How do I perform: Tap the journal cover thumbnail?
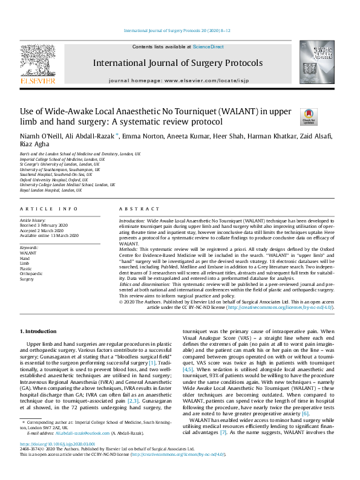coord(316,62)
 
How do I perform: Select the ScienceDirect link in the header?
coord(208,47)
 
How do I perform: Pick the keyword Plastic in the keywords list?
coord(27,269)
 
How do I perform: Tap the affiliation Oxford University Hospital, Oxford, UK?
coord(50,180)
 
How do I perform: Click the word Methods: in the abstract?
coord(128,248)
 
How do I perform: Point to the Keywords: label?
coord(30,247)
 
